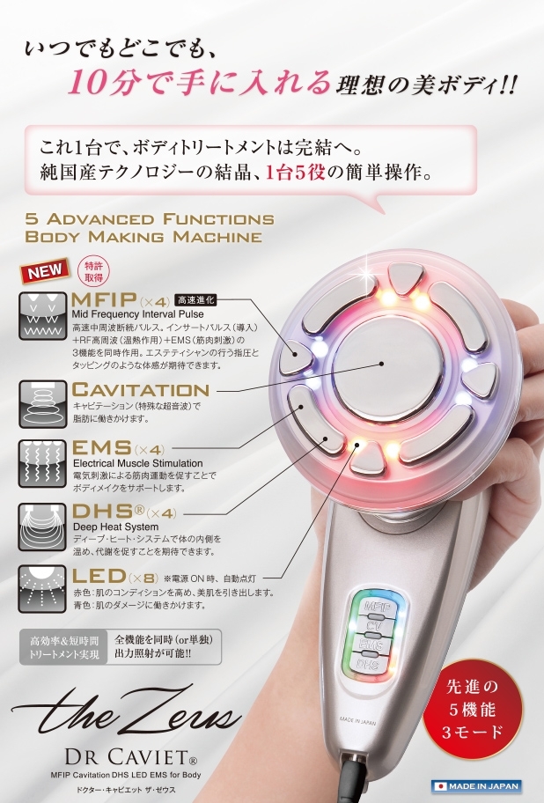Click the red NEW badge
tap(44, 272)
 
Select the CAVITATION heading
tap(141, 389)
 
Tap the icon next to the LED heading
tap(42, 589)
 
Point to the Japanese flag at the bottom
tap(440, 785)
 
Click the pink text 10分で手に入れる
tap(199, 85)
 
